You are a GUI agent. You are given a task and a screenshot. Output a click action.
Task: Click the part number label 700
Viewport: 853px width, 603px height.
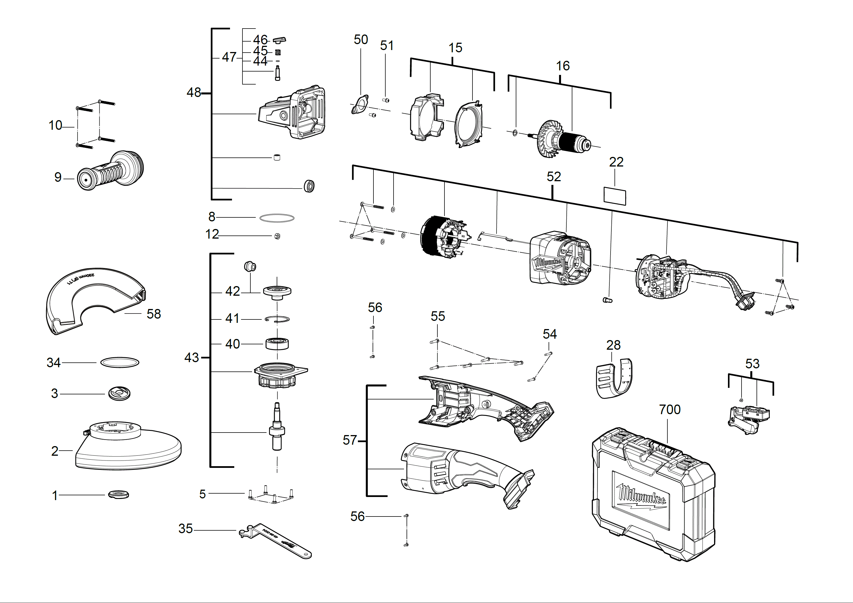point(669,410)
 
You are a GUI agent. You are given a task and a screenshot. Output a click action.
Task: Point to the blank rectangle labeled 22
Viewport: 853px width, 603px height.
point(614,196)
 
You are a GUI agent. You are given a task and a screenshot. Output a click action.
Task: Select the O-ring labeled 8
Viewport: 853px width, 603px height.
point(276,218)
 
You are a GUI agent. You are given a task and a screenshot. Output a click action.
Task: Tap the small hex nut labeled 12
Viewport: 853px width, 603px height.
point(277,236)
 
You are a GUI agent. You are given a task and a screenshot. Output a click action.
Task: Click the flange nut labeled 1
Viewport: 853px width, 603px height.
point(119,494)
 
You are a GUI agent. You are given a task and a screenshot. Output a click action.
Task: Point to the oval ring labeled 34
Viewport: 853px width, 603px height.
point(120,362)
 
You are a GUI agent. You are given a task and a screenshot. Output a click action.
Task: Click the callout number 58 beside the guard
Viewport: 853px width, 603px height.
point(153,314)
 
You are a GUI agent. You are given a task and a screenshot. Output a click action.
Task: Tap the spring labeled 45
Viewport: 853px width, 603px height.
point(278,52)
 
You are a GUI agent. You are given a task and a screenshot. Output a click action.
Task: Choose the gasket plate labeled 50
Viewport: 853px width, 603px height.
point(360,104)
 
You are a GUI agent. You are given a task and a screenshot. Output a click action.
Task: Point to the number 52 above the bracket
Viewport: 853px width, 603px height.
point(554,177)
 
